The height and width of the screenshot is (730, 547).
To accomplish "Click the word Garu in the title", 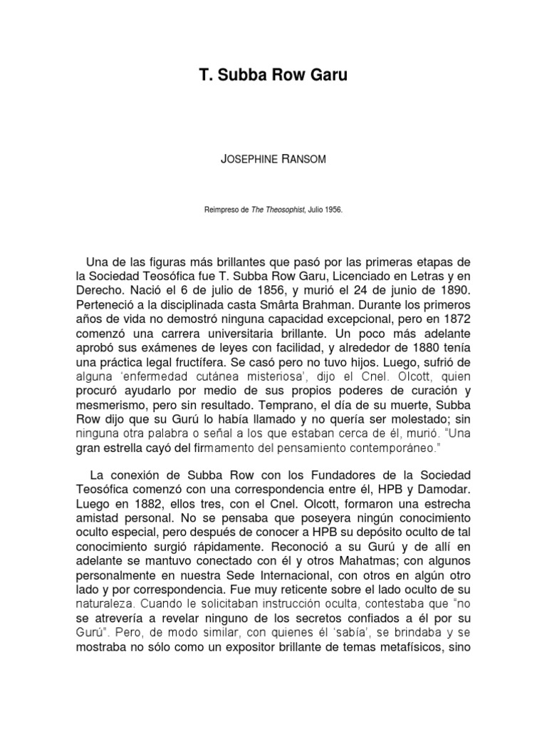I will coord(327,75).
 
